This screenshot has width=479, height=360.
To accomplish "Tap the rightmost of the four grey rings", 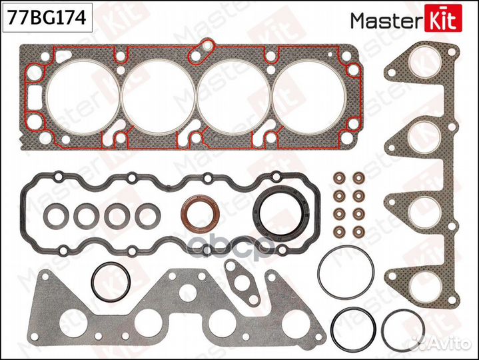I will tap(145, 215).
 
